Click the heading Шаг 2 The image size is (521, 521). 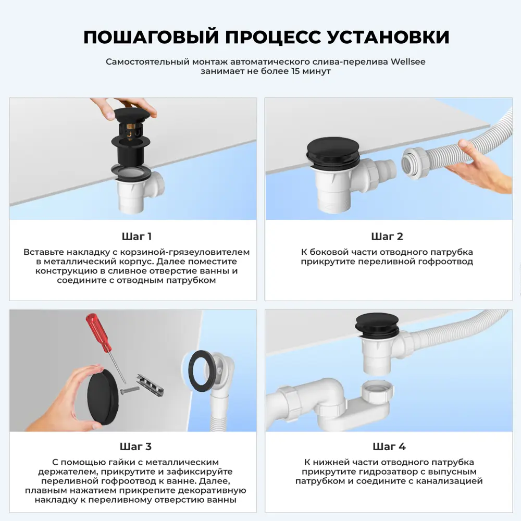pos(387,237)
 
